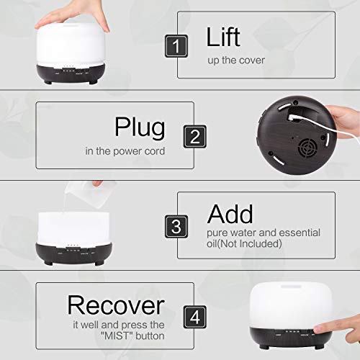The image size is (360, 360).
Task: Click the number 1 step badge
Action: [x=176, y=46]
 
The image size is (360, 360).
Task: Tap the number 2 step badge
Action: [x=195, y=136]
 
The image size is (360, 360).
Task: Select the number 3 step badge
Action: [x=176, y=227]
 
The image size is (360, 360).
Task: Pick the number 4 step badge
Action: [x=195, y=317]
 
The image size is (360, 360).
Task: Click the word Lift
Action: [x=223, y=37]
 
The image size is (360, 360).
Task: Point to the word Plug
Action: [x=140, y=127]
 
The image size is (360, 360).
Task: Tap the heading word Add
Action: [x=230, y=214]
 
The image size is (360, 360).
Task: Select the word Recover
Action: [x=116, y=305]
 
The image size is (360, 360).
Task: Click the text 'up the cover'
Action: [x=236, y=60]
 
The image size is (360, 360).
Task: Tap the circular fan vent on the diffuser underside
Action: [x=307, y=148]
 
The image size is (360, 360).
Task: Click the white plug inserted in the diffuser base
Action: [x=293, y=117]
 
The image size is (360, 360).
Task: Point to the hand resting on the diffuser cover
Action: [x=72, y=17]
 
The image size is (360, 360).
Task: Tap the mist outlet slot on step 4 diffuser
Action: [x=291, y=287]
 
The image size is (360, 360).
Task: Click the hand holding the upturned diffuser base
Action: [x=345, y=121]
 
